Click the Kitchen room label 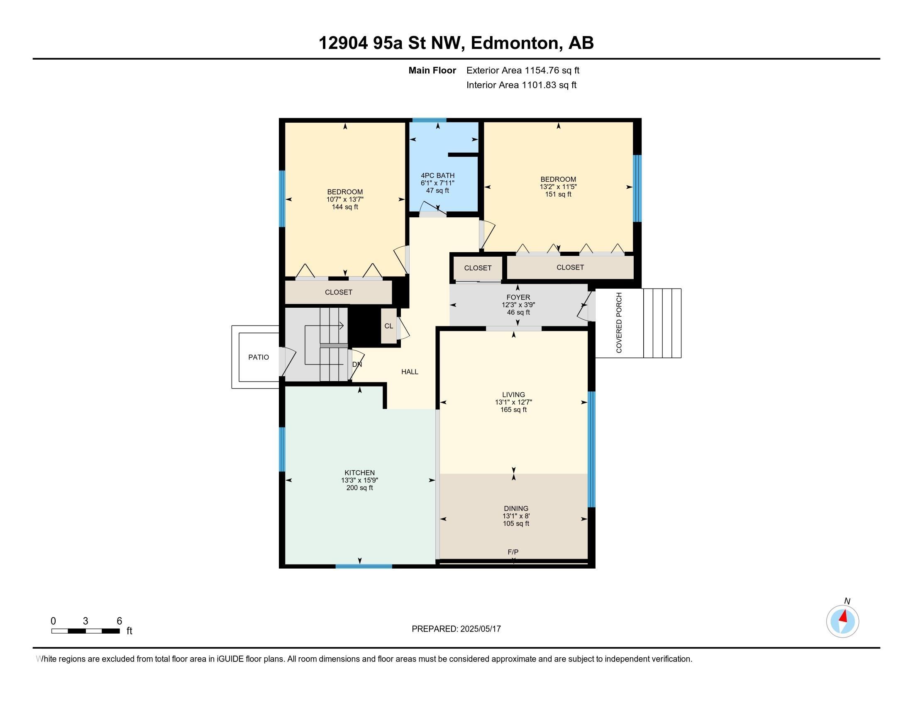click(359, 473)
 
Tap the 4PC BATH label click(438, 175)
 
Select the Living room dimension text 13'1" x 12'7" click(513, 402)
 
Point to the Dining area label click(516, 508)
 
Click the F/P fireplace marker click(513, 552)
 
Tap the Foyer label click(518, 297)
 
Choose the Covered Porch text click(619, 322)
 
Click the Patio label click(259, 357)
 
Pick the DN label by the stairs click(357, 364)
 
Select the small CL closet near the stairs click(389, 326)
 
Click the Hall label click(410, 372)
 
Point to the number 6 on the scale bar click(119, 621)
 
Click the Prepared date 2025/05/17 click(480, 629)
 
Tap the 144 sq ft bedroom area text click(345, 207)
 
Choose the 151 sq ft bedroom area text click(558, 194)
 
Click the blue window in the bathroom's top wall click(430, 120)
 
